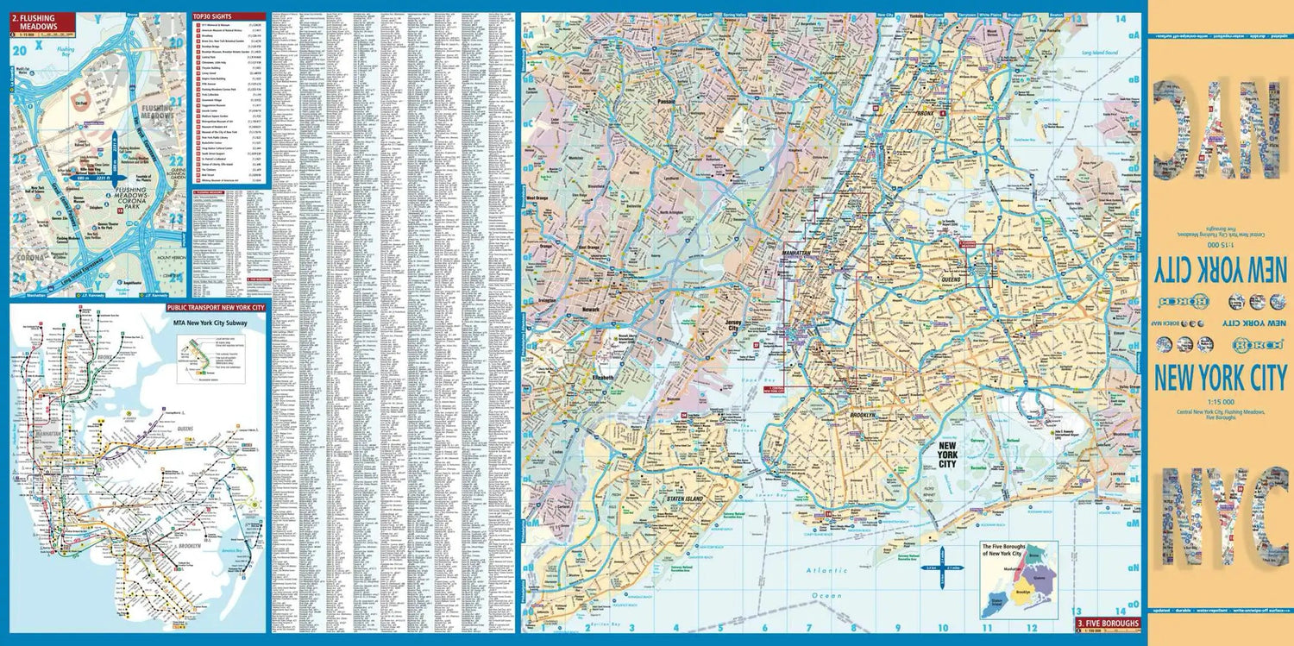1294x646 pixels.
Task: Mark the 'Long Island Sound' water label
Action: point(1100,54)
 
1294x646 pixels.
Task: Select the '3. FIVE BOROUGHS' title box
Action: point(1107,623)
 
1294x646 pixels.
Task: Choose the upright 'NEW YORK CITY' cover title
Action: point(1220,378)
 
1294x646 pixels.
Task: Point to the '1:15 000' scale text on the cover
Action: point(1220,402)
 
